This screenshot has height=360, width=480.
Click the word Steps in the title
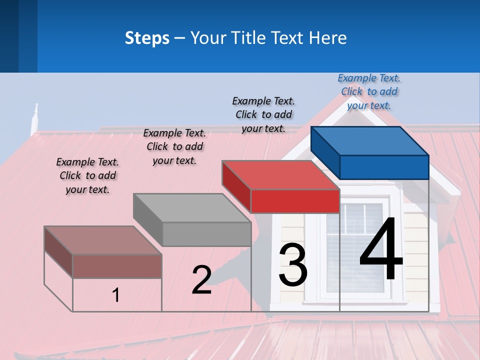(x=147, y=38)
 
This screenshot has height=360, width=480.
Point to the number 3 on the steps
(x=293, y=265)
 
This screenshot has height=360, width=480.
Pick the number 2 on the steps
(x=201, y=280)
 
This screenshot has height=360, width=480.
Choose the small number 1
(x=116, y=295)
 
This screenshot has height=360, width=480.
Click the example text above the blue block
(x=369, y=92)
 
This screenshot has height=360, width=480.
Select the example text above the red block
(x=263, y=115)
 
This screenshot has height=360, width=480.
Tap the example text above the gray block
(x=174, y=147)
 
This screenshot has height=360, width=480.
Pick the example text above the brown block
(x=87, y=176)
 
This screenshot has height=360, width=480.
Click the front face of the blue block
(x=384, y=167)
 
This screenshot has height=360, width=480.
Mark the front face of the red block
(x=295, y=201)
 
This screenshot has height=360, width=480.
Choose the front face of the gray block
(x=206, y=234)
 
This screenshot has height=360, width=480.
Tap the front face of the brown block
(x=117, y=266)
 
